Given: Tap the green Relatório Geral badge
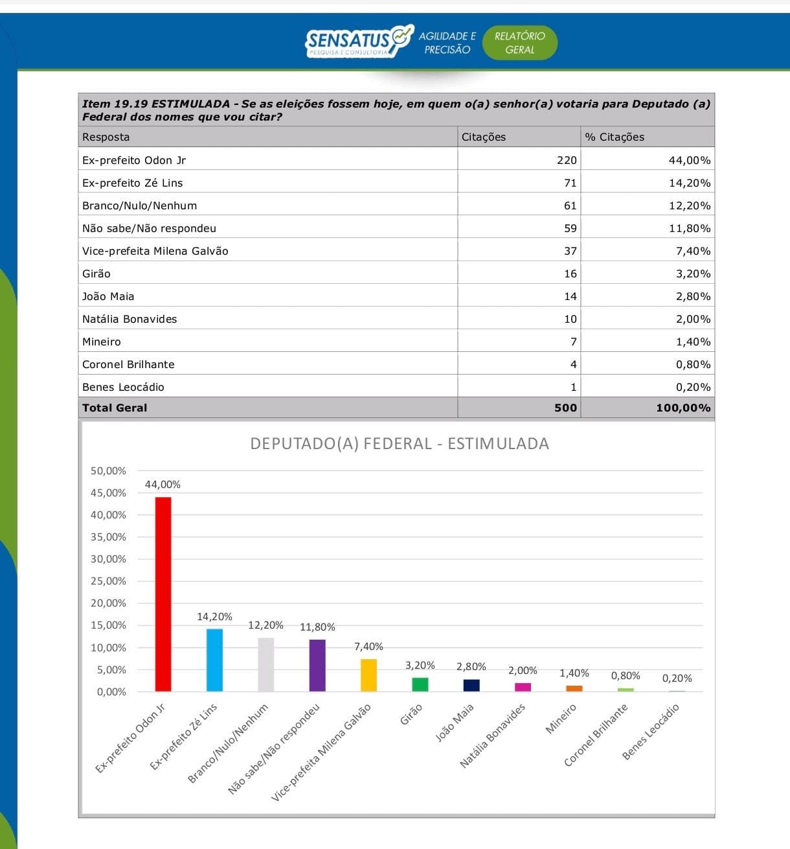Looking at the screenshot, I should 519,43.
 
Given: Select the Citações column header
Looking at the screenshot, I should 483,137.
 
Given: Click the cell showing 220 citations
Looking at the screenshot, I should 567,160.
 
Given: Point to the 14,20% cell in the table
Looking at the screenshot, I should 689,183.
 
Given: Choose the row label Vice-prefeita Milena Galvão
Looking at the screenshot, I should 155,251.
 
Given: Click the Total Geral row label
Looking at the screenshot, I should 115,408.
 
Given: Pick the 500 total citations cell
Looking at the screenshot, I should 565,408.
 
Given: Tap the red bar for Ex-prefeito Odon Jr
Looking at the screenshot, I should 163,594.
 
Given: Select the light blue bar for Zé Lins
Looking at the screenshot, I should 214,660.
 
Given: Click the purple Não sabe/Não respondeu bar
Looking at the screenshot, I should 317,665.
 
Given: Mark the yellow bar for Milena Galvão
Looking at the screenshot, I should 368,675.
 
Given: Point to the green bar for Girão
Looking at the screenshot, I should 420,684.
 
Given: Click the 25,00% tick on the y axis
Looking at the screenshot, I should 108,581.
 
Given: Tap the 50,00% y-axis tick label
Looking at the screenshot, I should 108,471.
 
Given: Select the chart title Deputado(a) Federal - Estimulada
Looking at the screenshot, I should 400,444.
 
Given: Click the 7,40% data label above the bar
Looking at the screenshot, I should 368,647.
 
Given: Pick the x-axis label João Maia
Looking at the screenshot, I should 455,722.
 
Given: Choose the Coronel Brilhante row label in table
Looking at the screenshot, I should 128,364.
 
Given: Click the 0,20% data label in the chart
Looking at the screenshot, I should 677,679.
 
